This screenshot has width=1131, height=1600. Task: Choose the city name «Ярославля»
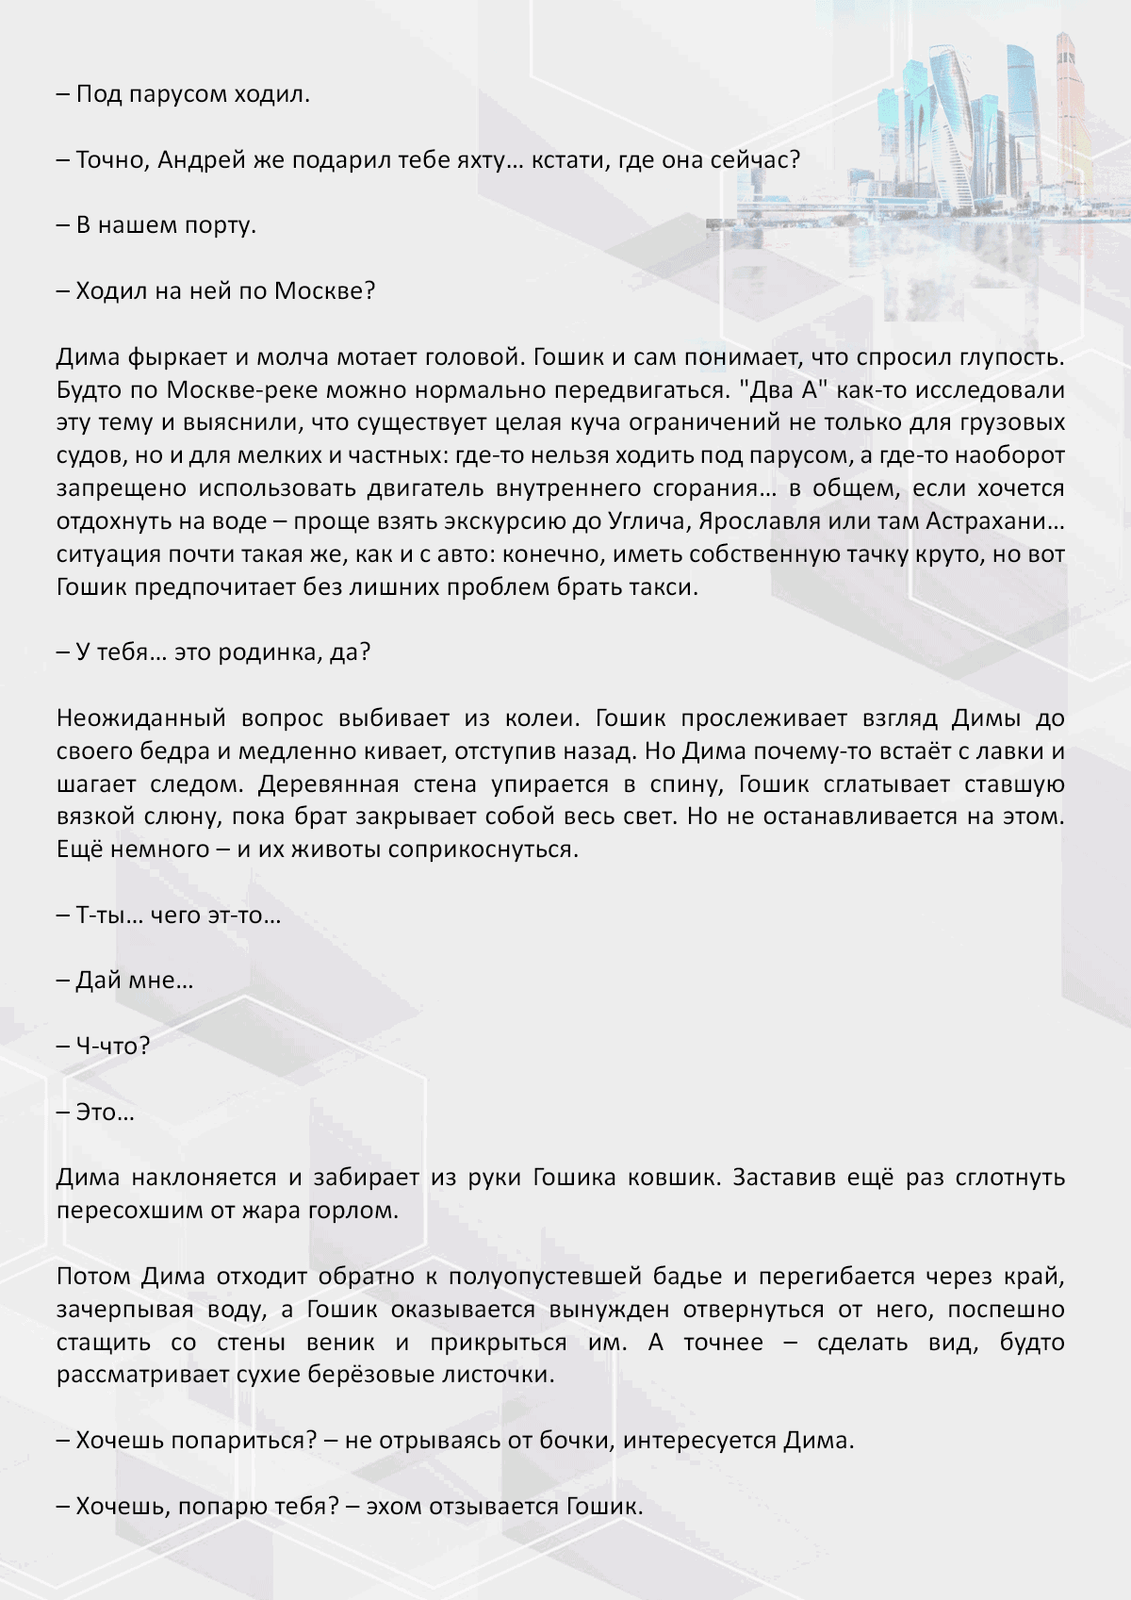tap(760, 521)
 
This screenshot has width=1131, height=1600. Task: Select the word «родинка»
tap(270, 652)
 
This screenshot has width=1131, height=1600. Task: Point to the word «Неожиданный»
tap(141, 718)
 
